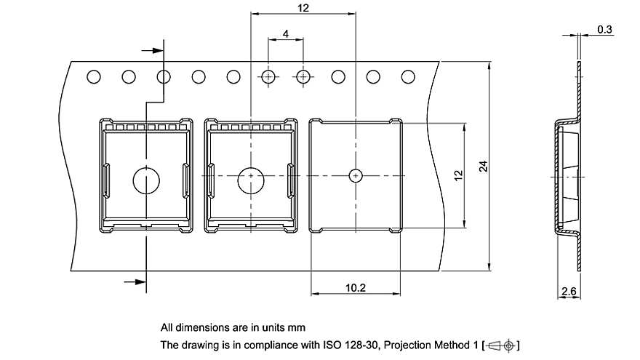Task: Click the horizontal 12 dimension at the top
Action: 303,8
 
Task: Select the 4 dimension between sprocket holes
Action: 286,34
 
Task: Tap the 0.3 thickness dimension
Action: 604,29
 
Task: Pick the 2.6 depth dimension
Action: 569,292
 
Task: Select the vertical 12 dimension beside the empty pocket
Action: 458,175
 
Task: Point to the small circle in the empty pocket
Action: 355,175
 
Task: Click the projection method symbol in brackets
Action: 501,345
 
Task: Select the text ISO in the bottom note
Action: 335,345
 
